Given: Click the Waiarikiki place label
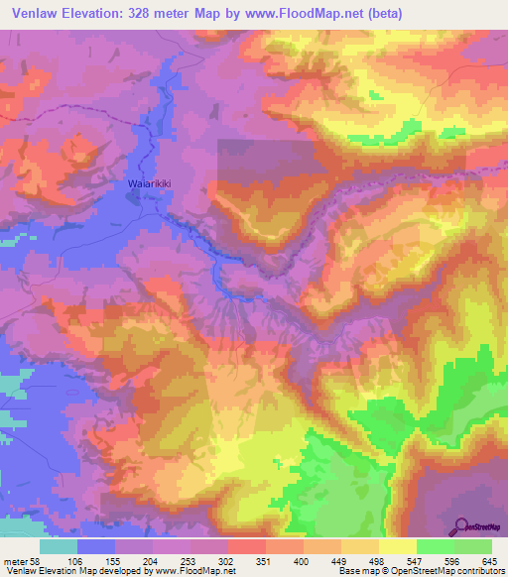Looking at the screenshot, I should click(150, 183).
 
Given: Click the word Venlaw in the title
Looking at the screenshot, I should click(35, 13).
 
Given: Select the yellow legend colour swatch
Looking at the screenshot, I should click(398, 546).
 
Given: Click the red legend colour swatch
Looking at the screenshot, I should click(246, 546).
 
